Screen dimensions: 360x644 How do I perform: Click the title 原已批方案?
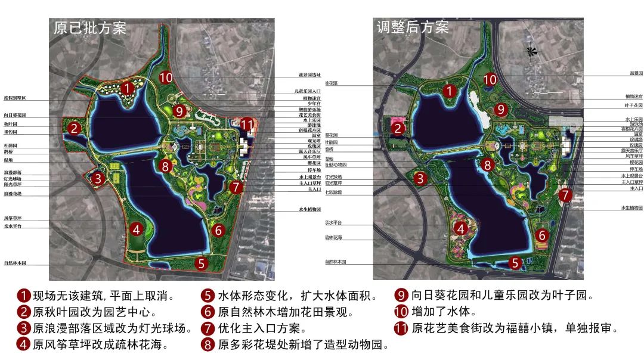tap(90, 28)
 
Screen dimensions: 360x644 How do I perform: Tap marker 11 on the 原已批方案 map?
tap(246, 125)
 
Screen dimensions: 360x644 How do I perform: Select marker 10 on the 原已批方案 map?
tap(166, 77)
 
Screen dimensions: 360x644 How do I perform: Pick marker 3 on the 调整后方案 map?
tap(420, 178)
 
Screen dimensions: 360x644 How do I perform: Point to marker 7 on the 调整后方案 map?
tap(565, 194)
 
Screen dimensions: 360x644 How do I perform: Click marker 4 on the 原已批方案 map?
tap(137, 229)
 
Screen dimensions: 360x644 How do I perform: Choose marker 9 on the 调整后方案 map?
tap(501, 109)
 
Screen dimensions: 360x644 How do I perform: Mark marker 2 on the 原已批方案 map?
tap(73, 128)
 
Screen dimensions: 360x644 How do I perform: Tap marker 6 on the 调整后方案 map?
tap(542, 235)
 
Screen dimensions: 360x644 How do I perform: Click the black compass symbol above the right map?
tap(530, 52)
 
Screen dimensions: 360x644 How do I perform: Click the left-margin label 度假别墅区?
tap(15, 97)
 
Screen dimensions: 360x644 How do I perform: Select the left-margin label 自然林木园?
tap(16, 263)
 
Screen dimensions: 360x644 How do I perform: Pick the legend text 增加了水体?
tap(441, 311)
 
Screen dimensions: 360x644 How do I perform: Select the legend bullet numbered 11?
tap(401, 328)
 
